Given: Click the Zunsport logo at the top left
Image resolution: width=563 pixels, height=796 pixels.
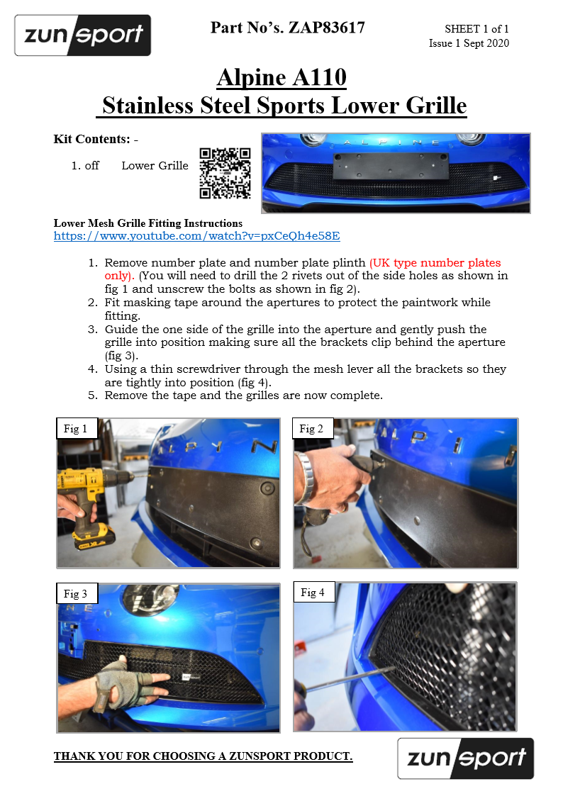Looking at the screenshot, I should pyautogui.click(x=82, y=35).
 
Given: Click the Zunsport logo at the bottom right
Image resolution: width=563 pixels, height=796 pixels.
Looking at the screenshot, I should pyautogui.click(x=465, y=758).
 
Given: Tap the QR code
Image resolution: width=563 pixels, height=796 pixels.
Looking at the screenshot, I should pyautogui.click(x=225, y=173).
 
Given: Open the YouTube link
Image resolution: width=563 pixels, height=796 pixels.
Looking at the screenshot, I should pyautogui.click(x=196, y=236).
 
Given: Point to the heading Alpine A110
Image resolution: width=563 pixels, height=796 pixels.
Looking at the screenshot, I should pyautogui.click(x=281, y=77).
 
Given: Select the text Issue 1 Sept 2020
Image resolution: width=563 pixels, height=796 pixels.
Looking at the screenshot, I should pyautogui.click(x=469, y=43).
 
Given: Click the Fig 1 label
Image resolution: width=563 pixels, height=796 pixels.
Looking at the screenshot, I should pyautogui.click(x=75, y=428).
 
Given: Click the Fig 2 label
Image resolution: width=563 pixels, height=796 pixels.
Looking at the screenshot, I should pyautogui.click(x=311, y=428).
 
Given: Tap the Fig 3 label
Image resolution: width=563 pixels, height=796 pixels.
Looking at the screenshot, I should pyautogui.click(x=75, y=594).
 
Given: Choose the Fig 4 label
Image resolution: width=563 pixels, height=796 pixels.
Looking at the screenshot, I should pyautogui.click(x=312, y=592).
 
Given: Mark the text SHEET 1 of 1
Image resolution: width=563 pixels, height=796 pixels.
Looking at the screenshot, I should pyautogui.click(x=476, y=29).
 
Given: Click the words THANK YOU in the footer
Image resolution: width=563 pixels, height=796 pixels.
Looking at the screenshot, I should pyautogui.click(x=89, y=756).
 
